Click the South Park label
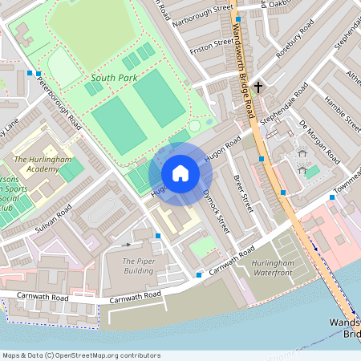coord(114,78)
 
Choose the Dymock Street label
coord(216,206)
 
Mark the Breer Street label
coord(241,193)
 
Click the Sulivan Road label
coord(54,217)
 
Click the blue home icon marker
coord(180,173)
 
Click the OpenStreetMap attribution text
coord(81,355)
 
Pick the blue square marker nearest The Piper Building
coord(158,236)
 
